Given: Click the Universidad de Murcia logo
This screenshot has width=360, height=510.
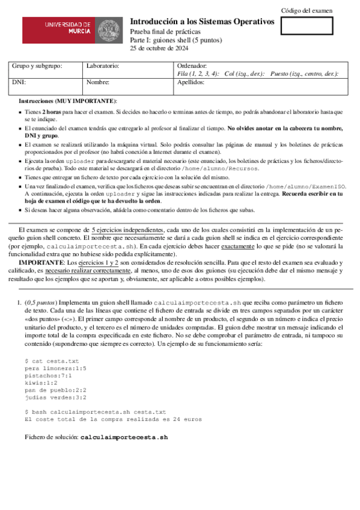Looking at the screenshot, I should pyautogui.click(x=72, y=29).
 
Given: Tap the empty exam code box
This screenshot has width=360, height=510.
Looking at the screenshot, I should pyautogui.click(x=307, y=26).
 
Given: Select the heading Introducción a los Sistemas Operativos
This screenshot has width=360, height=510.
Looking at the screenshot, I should pyautogui.click(x=202, y=22).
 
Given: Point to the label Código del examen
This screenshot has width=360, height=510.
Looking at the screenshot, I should pyautogui.click(x=307, y=10).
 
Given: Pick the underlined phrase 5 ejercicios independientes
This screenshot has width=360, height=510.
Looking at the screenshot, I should pyautogui.click(x=127, y=230).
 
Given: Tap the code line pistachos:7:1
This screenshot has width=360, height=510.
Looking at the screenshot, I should pyautogui.click(x=48, y=375).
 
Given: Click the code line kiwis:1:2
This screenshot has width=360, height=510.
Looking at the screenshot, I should pyautogui.click(x=41, y=382).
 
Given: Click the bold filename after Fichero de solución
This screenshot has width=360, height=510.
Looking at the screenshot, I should pyautogui.click(x=124, y=437).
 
